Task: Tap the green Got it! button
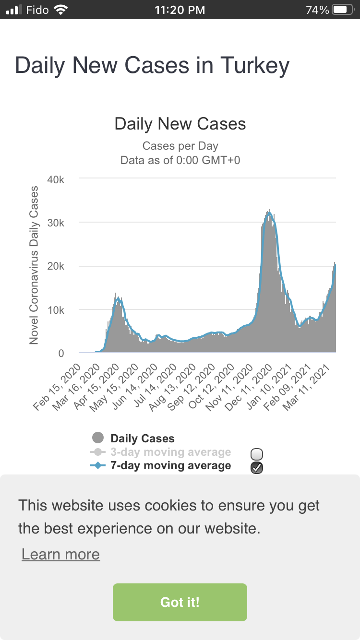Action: click(180, 602)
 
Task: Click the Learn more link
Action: click(60, 554)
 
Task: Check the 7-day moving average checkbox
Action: click(257, 468)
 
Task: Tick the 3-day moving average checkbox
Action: click(257, 454)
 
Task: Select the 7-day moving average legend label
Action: click(170, 465)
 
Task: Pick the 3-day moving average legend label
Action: click(170, 452)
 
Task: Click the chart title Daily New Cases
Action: click(180, 124)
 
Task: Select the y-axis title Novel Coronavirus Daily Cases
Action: click(34, 265)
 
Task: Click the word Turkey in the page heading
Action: click(255, 65)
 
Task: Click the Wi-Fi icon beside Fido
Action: click(61, 10)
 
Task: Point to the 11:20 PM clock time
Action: click(180, 10)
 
